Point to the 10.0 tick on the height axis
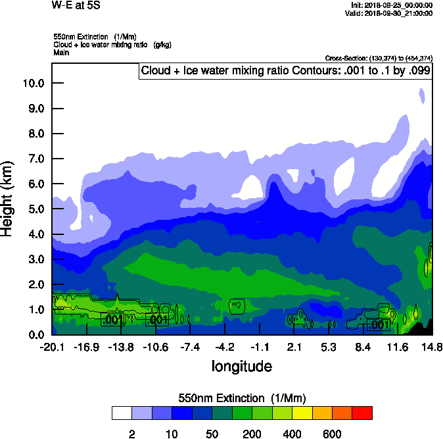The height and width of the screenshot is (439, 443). pyautogui.click(x=33, y=84)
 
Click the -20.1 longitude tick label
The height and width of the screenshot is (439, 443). pyautogui.click(x=51, y=347)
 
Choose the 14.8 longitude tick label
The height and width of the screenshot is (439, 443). pyautogui.click(x=431, y=347)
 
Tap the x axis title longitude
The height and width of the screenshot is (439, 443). pyautogui.click(x=241, y=365)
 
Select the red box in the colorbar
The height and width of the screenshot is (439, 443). pyautogui.click(x=362, y=413)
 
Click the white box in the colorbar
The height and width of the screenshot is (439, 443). pyautogui.click(x=122, y=413)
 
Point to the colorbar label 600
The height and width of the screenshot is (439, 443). pyautogui.click(x=333, y=434)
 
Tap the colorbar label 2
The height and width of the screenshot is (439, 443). pyautogui.click(x=132, y=434)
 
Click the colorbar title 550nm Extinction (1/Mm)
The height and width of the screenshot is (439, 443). pyautogui.click(x=242, y=398)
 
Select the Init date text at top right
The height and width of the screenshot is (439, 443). pyautogui.click(x=392, y=5)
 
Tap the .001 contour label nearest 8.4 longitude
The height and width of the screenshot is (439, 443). pyautogui.click(x=379, y=324)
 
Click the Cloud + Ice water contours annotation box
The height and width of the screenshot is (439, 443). pyautogui.click(x=285, y=70)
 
